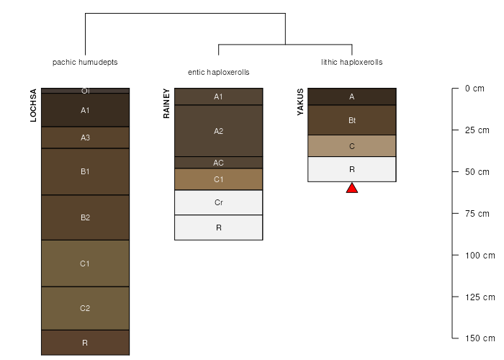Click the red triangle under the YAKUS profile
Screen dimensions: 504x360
(x=352, y=189)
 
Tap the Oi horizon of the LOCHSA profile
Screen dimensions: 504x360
(x=85, y=91)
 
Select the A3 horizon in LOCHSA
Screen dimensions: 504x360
(x=85, y=138)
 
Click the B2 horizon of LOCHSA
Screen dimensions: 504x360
(x=85, y=217)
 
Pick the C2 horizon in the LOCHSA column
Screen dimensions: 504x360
(x=85, y=308)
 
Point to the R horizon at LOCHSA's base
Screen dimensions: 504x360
(x=85, y=343)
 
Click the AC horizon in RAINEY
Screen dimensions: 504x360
(x=219, y=163)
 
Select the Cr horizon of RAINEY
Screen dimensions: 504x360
(x=219, y=202)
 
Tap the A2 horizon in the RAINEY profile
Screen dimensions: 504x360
(x=219, y=131)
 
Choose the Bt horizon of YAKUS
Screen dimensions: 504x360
(x=352, y=120)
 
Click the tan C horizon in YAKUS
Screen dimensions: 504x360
(x=352, y=146)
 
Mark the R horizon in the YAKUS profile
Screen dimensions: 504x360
(x=352, y=169)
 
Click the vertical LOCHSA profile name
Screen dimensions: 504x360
(x=33, y=105)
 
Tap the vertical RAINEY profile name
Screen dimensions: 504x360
(x=166, y=104)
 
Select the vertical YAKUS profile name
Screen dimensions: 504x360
(x=300, y=102)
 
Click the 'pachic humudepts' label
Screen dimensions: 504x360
(x=85, y=62)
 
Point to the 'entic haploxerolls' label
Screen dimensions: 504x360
(x=219, y=72)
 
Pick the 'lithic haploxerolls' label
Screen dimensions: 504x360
(x=352, y=62)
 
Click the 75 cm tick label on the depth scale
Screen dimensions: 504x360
(x=477, y=213)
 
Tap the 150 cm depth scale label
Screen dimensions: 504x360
(x=480, y=338)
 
